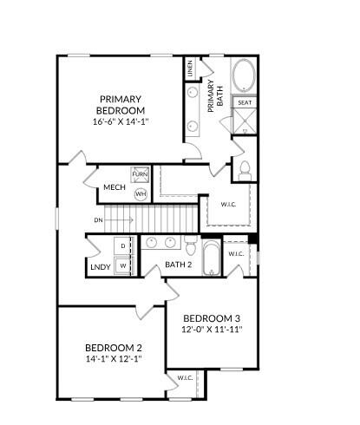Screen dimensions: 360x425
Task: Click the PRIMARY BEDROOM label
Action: (x=121, y=105)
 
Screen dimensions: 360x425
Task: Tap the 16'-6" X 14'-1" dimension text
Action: (x=121, y=121)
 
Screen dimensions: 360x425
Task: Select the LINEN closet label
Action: (x=190, y=68)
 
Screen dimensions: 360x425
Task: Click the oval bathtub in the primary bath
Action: (x=245, y=75)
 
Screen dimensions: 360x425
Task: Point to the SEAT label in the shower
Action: (x=245, y=102)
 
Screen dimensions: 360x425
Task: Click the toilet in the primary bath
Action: (x=245, y=171)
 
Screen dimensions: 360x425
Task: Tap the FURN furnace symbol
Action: (x=140, y=174)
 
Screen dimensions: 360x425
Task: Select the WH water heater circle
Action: (x=141, y=193)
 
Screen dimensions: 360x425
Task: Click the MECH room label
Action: (x=115, y=187)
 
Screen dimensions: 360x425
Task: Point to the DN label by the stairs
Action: (x=98, y=220)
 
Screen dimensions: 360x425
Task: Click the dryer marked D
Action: (x=122, y=246)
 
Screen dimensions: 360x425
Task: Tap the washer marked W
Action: (x=123, y=266)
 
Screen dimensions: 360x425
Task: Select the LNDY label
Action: (x=101, y=267)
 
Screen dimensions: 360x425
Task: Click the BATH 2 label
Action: (x=179, y=265)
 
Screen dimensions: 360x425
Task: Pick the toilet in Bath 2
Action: (x=191, y=245)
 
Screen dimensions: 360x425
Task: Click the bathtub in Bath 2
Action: (x=212, y=258)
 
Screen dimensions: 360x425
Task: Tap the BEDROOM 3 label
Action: (x=212, y=318)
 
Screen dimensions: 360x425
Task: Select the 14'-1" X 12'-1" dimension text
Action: (x=114, y=359)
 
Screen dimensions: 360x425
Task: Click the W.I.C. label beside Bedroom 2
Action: (x=185, y=377)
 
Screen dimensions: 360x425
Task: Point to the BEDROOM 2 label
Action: (x=114, y=348)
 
